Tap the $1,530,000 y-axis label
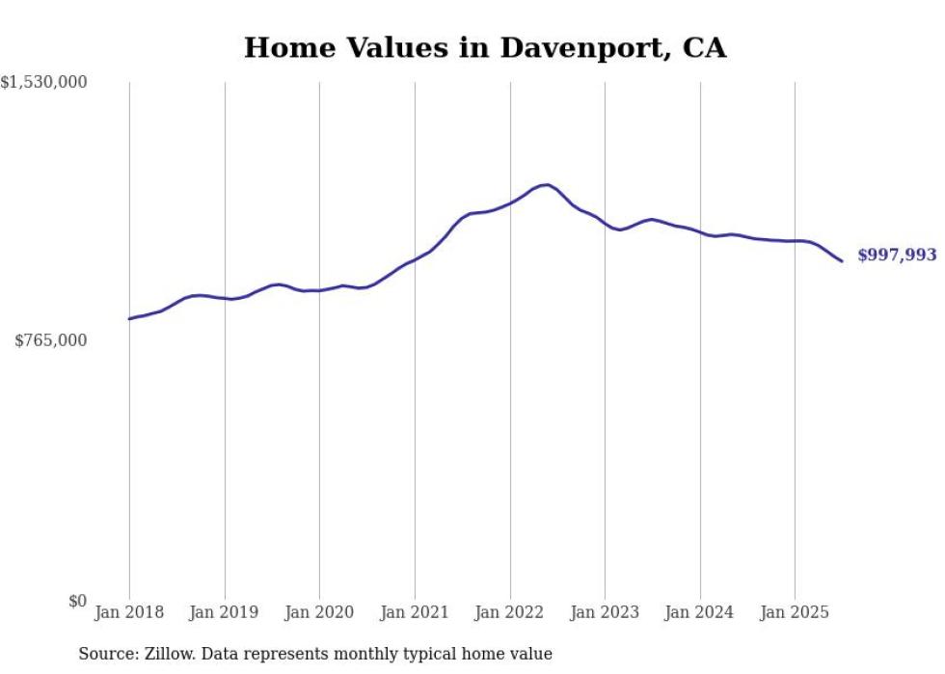[43, 83]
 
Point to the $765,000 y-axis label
[50, 340]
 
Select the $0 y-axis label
[77, 601]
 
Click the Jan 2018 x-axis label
[129, 612]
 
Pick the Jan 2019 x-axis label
[225, 612]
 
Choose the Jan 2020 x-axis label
[319, 612]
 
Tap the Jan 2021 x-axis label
[415, 612]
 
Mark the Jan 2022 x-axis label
[510, 612]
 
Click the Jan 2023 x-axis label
[605, 612]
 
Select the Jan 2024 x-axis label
[700, 612]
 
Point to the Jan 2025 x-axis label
[795, 612]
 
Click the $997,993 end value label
[897, 256]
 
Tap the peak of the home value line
[546, 184]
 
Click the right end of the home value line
[842, 261]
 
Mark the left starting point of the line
[129, 318]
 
